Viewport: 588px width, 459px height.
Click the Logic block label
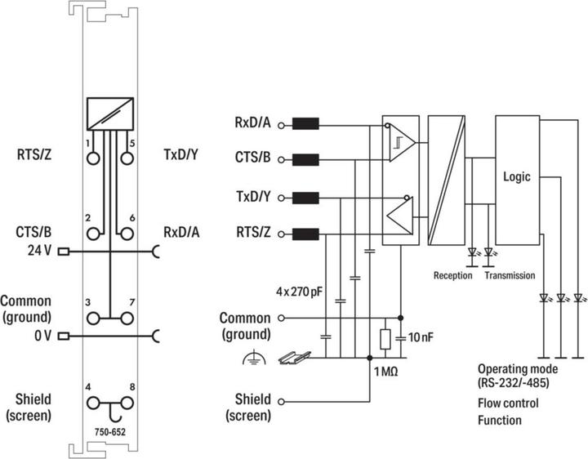pyautogui.click(x=516, y=177)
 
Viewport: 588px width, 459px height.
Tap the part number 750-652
pyautogui.click(x=110, y=432)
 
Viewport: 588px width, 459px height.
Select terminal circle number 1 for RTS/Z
pyautogui.click(x=93, y=158)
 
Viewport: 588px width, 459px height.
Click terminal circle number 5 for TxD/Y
pyautogui.click(x=127, y=158)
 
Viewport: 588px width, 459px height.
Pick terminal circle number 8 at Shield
pyautogui.click(x=127, y=403)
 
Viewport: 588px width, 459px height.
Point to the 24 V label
pyautogui.click(x=39, y=251)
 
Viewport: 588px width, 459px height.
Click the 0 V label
pyautogui.click(x=42, y=335)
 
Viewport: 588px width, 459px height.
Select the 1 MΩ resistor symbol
pyautogui.click(x=385, y=339)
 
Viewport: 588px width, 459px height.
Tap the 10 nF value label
pyautogui.click(x=421, y=337)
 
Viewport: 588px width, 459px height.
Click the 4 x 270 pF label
pyautogui.click(x=299, y=292)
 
